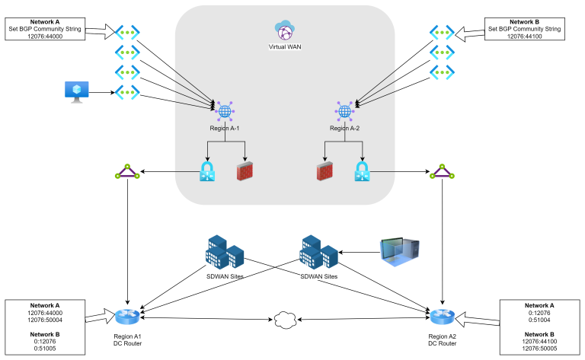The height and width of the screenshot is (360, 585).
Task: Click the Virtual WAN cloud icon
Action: [285, 30]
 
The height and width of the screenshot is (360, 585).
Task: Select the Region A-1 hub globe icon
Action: [225, 112]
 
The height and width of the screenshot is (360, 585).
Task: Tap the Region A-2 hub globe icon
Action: [344, 112]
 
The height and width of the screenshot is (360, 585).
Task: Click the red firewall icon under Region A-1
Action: [244, 171]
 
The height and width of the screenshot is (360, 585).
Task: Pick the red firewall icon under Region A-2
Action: [325, 171]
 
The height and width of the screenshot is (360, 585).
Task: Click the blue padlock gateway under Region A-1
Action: [206, 171]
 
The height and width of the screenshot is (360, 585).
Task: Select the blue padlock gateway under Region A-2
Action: [363, 171]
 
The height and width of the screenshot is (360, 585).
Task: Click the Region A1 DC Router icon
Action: [127, 317]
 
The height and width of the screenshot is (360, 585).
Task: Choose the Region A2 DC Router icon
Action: [442, 317]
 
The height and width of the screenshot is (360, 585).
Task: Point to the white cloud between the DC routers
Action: [285, 320]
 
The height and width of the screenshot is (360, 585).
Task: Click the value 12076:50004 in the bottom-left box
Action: [45, 320]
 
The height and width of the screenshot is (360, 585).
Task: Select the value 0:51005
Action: [45, 349]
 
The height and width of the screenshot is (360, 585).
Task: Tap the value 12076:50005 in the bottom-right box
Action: [539, 349]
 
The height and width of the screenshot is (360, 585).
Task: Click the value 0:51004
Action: [539, 320]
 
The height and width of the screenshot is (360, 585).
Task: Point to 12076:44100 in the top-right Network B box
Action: [525, 36]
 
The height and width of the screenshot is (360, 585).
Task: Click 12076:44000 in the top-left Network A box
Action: [45, 36]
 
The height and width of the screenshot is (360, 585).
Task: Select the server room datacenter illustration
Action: [399, 252]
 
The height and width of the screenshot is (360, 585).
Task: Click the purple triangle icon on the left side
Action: [127, 172]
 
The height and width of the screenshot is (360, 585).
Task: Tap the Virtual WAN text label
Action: [285, 46]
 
